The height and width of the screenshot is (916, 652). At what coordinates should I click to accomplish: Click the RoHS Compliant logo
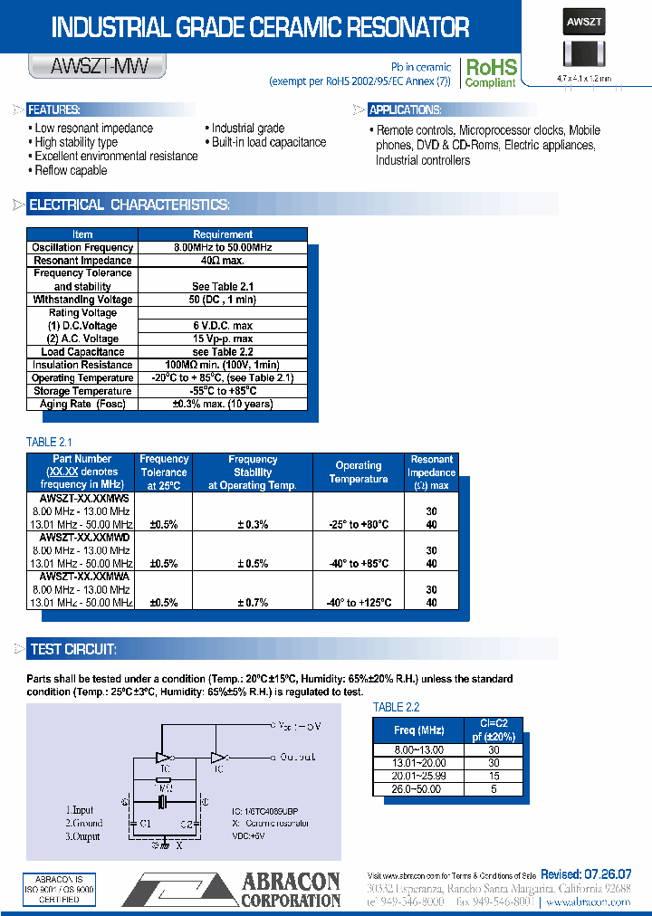click(490, 72)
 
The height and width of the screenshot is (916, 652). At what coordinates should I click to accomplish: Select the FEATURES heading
click(54, 110)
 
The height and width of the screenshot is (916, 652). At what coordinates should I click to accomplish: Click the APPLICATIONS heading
click(405, 110)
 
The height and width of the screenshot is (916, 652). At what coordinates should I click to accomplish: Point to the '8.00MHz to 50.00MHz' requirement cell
click(223, 247)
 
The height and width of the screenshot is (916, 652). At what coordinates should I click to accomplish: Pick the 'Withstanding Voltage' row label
click(82, 300)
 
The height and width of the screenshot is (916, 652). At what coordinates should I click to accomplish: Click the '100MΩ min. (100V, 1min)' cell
click(223, 365)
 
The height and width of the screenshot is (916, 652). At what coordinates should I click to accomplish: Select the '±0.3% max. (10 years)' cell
click(223, 404)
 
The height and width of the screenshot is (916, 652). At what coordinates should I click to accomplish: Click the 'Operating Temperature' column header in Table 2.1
click(359, 472)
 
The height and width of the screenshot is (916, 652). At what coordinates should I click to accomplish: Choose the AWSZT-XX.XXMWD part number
click(84, 538)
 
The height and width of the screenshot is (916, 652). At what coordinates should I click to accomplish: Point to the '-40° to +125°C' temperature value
click(359, 603)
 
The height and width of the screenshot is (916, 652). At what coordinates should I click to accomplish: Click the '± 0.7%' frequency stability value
click(253, 603)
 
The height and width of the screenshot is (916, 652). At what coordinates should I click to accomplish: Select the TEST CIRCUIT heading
click(72, 649)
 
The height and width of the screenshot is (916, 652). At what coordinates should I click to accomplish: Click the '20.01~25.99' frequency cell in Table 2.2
click(418, 777)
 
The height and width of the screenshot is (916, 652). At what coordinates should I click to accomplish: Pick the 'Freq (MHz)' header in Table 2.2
click(418, 730)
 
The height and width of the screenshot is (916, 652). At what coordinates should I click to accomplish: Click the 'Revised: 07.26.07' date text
click(586, 874)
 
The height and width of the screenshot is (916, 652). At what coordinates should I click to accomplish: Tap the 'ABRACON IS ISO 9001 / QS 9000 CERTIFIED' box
click(59, 890)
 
